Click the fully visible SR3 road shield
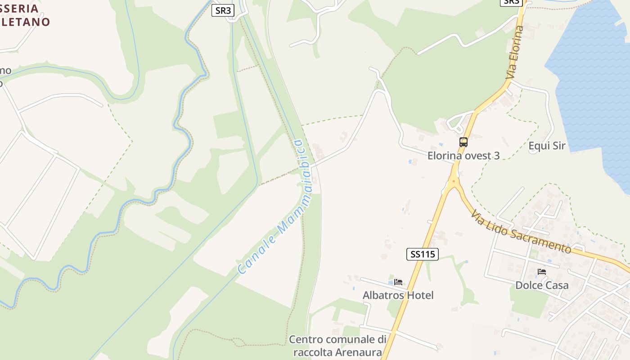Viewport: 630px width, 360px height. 223,10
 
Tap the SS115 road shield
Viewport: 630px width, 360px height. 423,254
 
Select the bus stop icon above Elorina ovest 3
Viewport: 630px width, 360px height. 463,142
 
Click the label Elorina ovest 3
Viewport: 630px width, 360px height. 463,156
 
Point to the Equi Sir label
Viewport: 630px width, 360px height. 547,146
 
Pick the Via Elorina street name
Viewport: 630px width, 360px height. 515,53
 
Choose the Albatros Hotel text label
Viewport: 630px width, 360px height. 398,295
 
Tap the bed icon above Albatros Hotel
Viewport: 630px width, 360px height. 398,282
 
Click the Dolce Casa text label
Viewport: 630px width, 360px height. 542,285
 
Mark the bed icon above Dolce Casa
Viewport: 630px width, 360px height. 542,272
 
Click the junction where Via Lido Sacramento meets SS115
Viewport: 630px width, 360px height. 454,182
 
